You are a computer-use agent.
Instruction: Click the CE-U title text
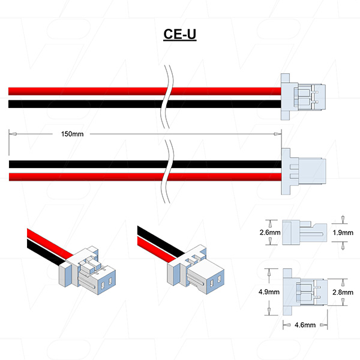coord(180,34)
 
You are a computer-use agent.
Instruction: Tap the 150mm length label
coord(73,133)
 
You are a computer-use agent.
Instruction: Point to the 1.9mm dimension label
coord(343,232)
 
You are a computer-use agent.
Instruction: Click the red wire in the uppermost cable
coord(84,91)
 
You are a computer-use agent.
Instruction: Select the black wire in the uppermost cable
coord(84,104)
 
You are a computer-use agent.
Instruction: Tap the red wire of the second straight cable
coord(84,176)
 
